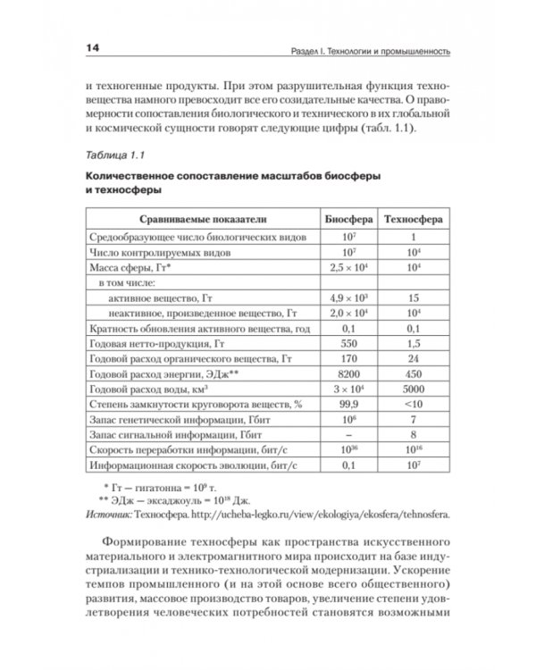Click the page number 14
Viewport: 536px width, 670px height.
pyautogui.click(x=94, y=48)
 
